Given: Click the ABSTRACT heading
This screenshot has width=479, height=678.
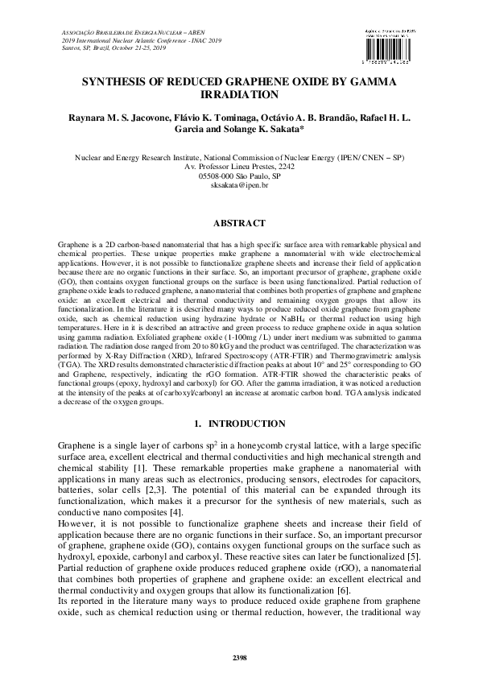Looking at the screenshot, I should click(x=239, y=221).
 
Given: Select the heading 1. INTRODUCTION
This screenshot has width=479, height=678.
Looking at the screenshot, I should click(x=239, y=424).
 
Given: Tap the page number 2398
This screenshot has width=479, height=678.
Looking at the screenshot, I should click(x=239, y=658).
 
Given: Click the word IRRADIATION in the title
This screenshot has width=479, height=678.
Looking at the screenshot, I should click(x=239, y=93).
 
